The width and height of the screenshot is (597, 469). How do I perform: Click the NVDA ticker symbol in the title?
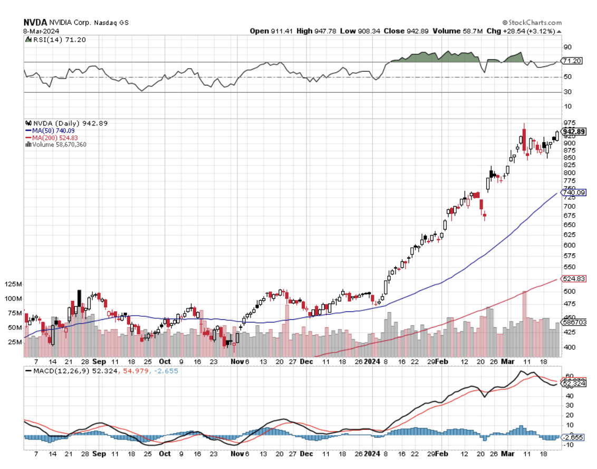tap(34, 23)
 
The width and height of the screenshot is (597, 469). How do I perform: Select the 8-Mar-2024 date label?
tap(41, 31)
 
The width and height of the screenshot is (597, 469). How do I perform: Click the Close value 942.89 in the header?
tap(406, 31)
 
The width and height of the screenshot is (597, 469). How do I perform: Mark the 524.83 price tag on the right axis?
tap(574, 279)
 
